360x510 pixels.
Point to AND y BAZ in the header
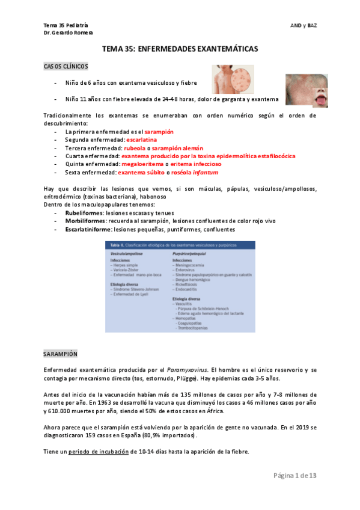[303, 25]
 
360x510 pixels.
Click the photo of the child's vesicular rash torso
[233, 79]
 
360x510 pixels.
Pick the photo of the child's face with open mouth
[306, 90]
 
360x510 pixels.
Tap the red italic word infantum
[205, 172]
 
